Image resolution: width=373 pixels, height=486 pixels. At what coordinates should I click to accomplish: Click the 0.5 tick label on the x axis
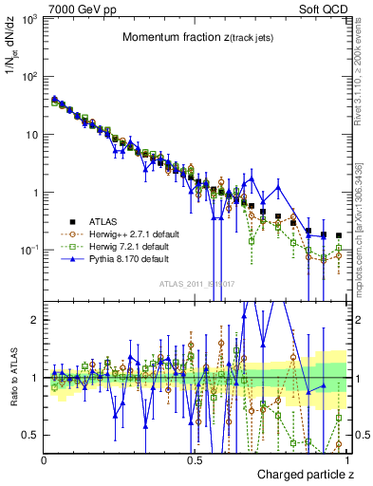coord(195,460)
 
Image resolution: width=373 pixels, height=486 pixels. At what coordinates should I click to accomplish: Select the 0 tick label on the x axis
coord(44,460)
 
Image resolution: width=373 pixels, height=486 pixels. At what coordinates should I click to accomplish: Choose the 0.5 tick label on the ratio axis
coord(30,435)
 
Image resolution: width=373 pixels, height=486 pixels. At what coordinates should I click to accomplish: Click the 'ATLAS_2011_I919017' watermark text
coord(196,284)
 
